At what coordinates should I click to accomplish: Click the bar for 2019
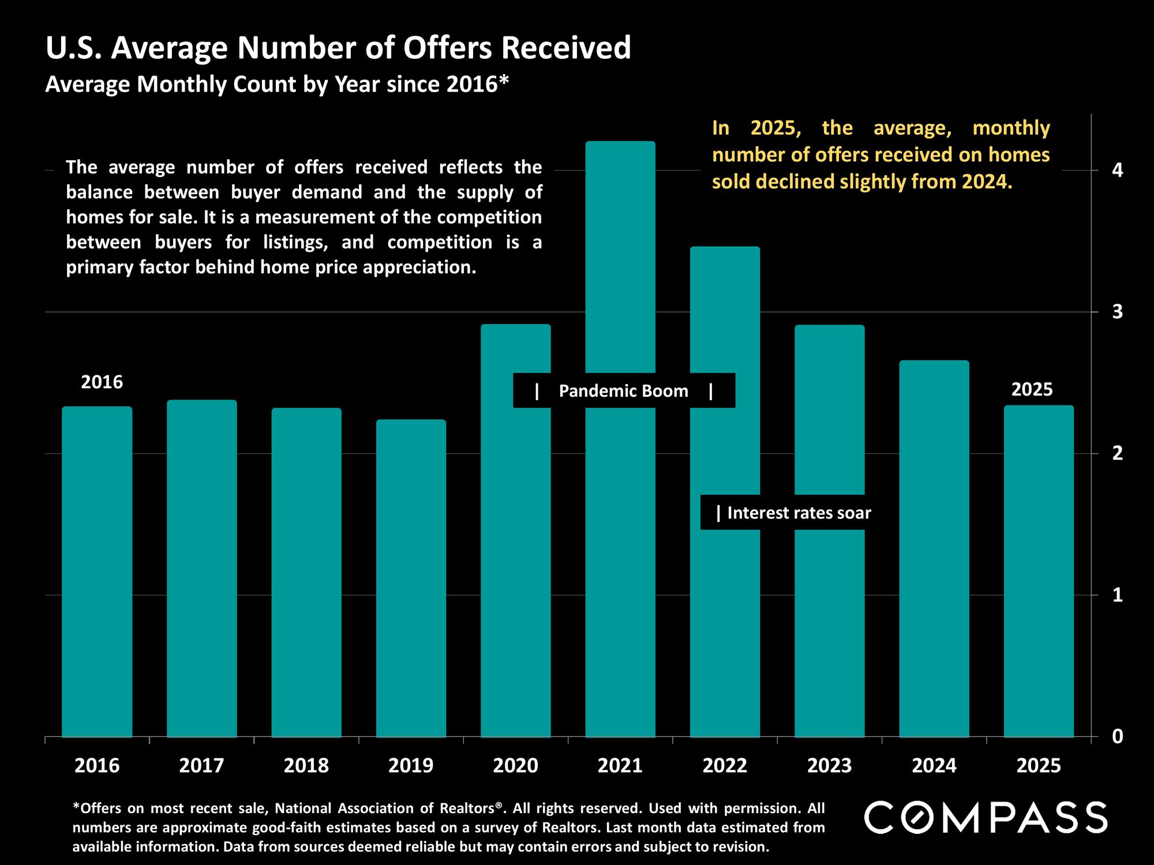pos(411,577)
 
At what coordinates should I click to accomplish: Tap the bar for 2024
pos(934,548)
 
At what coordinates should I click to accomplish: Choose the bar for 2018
pos(306,571)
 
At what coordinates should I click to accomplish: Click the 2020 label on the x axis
pos(515,765)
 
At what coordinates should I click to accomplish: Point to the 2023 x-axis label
pos(829,765)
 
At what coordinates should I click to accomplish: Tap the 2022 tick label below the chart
pos(725,765)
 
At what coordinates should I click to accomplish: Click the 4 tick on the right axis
pos(1118,171)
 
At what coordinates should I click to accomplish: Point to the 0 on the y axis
pos(1118,736)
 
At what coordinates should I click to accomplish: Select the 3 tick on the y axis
pos(1118,312)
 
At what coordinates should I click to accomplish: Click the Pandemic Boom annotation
pos(624,391)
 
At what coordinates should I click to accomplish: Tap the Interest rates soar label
pos(799,513)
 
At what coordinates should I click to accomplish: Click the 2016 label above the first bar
pos(102,382)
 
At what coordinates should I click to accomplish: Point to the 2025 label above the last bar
pos(1032,389)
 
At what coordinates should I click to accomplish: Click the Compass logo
pos(986,817)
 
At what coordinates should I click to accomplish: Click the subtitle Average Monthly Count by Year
pos(277,84)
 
